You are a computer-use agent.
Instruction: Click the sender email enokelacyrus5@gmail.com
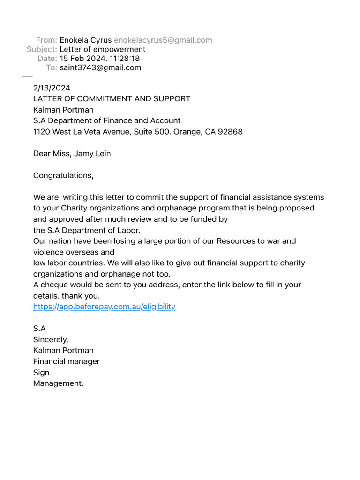(x=163, y=40)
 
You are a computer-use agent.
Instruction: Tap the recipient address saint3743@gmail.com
(x=100, y=67)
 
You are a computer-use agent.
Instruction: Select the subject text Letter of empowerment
(x=103, y=49)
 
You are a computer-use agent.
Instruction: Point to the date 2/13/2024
(x=52, y=88)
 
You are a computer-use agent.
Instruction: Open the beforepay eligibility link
(x=104, y=307)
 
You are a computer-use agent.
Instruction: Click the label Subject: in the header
(x=42, y=49)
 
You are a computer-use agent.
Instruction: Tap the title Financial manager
(x=67, y=361)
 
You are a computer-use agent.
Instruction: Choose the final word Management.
(x=58, y=383)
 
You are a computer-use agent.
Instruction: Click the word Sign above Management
(x=41, y=373)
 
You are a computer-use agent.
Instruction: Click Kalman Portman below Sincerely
(x=63, y=350)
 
